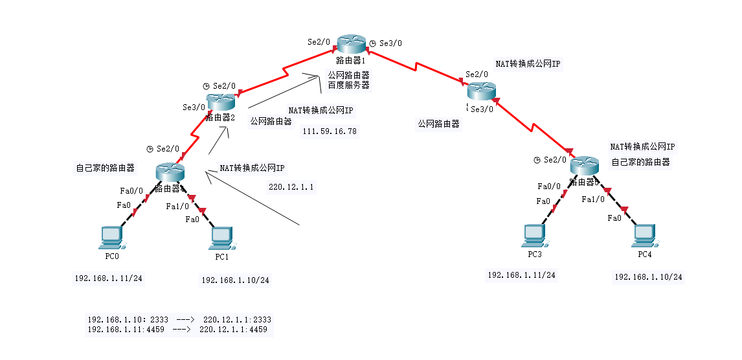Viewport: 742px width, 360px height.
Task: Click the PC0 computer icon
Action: point(111,238)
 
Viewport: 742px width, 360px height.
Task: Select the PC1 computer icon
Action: point(221,238)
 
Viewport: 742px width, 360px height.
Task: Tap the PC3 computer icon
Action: point(535,236)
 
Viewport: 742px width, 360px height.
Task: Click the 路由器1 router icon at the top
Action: point(352,44)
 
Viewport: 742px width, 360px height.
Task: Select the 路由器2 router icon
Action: point(219,102)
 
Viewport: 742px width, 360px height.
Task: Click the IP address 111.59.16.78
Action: point(330,131)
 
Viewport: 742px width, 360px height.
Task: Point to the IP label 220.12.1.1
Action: point(291,187)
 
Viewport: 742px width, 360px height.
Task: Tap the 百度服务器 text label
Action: point(348,85)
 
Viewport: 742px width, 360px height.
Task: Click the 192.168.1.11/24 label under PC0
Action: point(108,278)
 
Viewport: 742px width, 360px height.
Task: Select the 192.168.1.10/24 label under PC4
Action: point(648,277)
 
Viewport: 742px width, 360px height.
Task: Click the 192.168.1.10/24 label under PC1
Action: point(235,280)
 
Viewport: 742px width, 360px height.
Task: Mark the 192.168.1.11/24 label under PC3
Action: point(521,275)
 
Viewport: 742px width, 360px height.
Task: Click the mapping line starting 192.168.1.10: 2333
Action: point(179,320)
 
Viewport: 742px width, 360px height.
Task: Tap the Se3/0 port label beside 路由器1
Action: point(390,43)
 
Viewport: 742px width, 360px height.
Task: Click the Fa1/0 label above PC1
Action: point(177,207)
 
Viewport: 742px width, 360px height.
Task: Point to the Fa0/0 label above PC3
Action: point(549,186)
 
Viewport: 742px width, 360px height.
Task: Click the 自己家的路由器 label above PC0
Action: point(106,168)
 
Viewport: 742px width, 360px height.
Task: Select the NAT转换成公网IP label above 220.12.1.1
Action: point(253,168)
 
